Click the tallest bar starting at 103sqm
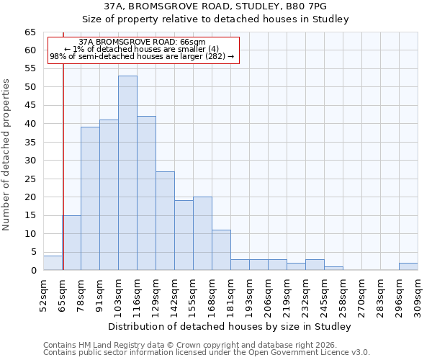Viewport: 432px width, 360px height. (x=127, y=173)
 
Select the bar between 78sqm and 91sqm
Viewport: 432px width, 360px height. (x=90, y=198)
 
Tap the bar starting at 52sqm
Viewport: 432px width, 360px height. (x=53, y=263)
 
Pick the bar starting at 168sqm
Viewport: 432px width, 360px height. (x=221, y=250)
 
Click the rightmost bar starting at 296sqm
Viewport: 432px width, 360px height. (x=408, y=266)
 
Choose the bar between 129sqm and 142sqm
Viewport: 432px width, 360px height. (x=165, y=220)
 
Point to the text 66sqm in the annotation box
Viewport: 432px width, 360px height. (x=192, y=42)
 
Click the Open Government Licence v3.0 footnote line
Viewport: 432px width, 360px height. (x=206, y=352)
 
